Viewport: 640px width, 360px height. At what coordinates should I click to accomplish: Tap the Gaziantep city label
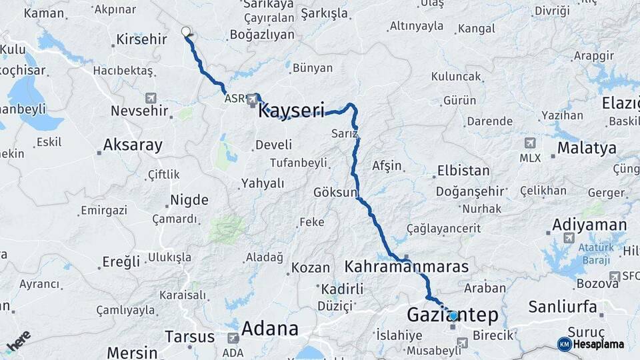pos(452,315)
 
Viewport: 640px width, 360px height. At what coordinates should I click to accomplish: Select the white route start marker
pos(186,31)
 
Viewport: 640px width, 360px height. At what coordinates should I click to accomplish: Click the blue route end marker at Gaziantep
pos(453,315)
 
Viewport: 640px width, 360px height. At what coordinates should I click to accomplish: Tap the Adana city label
pos(269,328)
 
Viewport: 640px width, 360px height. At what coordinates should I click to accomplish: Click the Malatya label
pos(587,148)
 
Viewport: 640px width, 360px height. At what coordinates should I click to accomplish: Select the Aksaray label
pos(133,145)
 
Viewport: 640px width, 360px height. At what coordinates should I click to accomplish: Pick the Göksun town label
pos(335,193)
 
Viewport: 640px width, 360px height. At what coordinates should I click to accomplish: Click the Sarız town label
pos(345,133)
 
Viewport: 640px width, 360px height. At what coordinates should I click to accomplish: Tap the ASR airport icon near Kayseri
pos(253,100)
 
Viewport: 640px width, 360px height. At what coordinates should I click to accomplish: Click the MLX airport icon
pos(530,143)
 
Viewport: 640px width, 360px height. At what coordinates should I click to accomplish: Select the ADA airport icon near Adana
pos(233,338)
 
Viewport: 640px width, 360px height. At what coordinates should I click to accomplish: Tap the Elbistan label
pos(463,170)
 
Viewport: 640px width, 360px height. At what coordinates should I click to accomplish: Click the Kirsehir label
pos(141,39)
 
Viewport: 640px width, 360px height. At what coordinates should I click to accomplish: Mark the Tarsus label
pos(189,336)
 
